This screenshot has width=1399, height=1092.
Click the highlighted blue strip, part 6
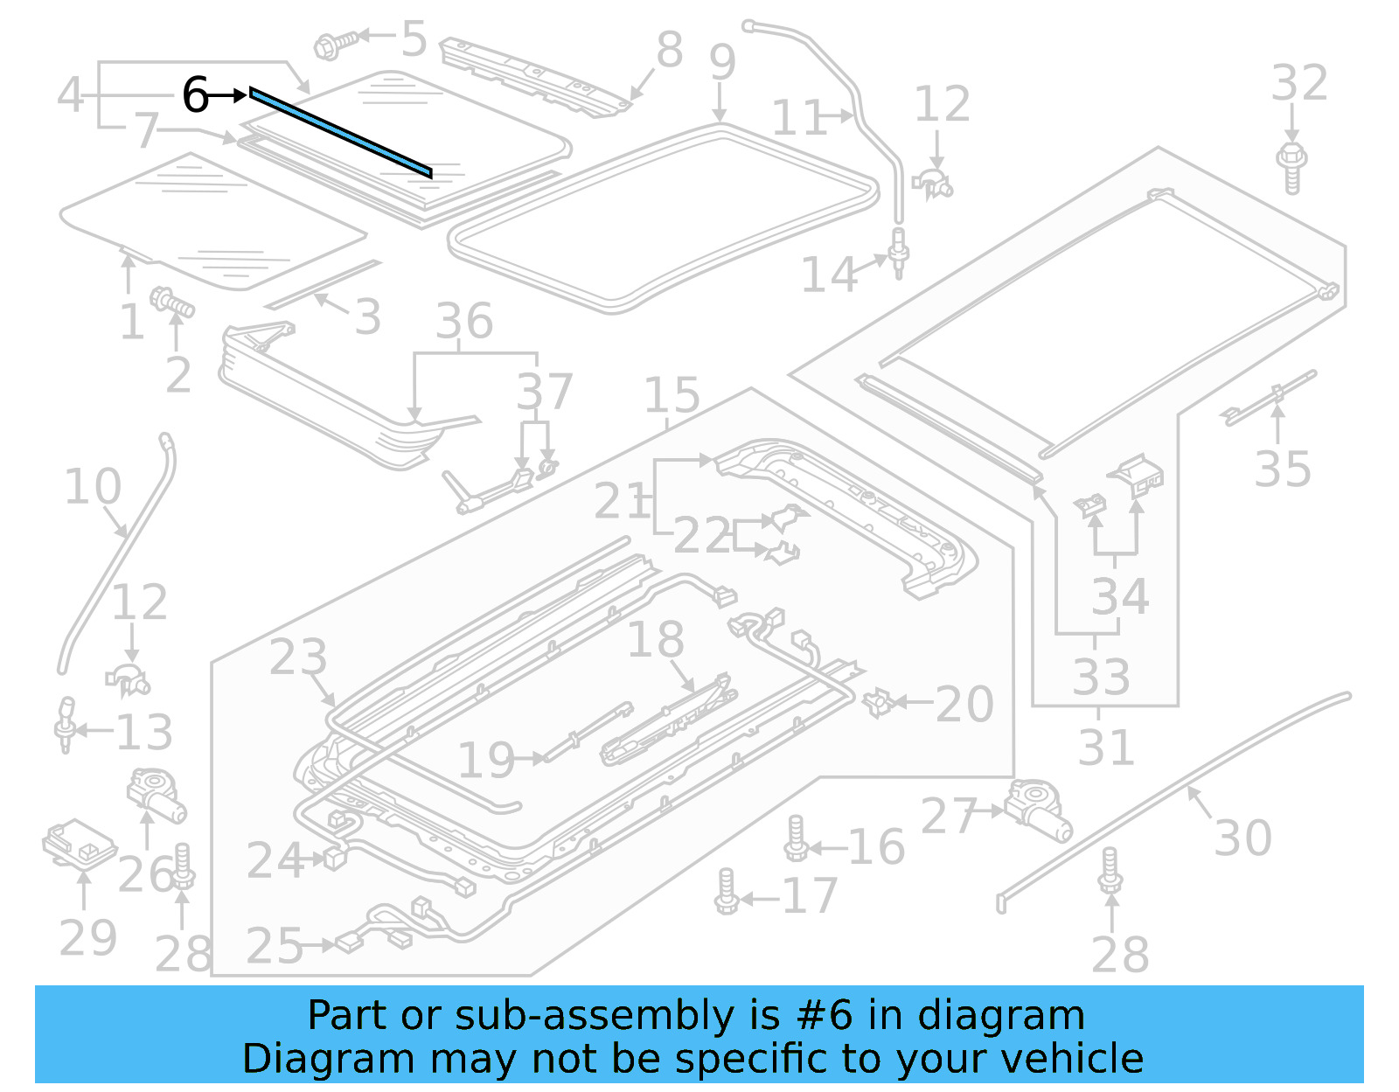[340, 132]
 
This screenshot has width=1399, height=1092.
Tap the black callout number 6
[195, 94]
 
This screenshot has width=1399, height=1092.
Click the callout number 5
[414, 38]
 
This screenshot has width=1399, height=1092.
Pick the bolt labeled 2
[172, 303]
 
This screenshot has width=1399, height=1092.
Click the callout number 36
[464, 321]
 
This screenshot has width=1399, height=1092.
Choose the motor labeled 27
[1038, 810]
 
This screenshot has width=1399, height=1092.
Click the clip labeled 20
[876, 701]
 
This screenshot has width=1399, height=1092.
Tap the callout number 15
[672, 395]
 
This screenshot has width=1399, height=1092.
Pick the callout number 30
[1242, 838]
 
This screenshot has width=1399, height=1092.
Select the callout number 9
[722, 62]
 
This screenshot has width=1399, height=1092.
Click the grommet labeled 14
[898, 252]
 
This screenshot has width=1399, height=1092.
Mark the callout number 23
[298, 657]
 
